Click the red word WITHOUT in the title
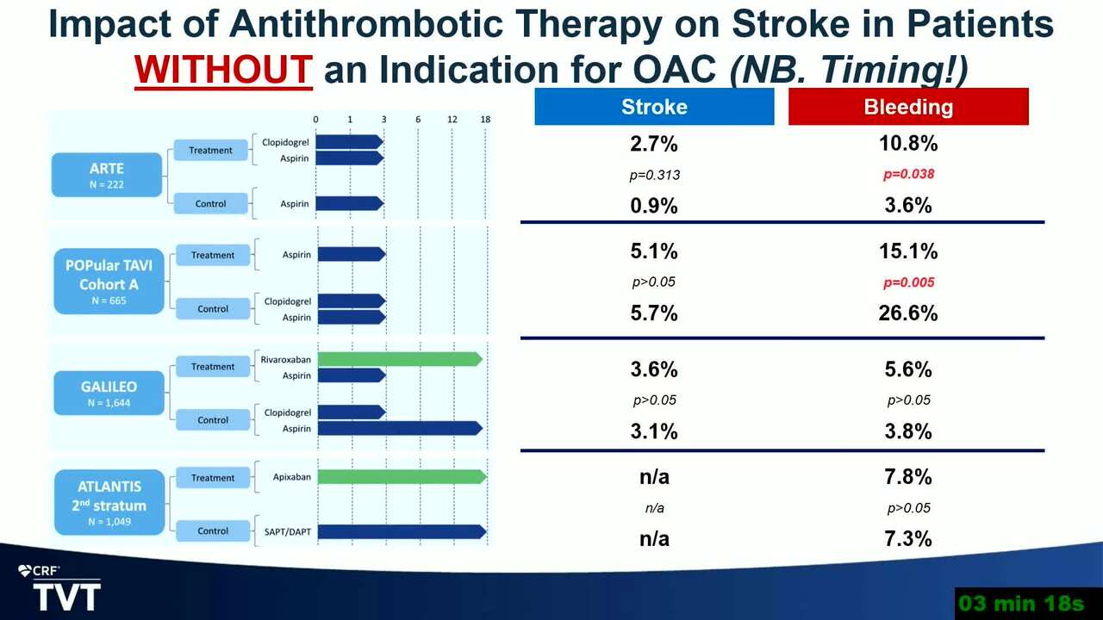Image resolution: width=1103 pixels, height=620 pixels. (223, 70)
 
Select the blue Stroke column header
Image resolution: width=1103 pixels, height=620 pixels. (654, 106)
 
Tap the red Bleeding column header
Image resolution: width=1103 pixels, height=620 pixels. (908, 106)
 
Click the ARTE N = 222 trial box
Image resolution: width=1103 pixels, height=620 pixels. (107, 175)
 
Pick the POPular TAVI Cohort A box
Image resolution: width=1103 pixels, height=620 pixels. (109, 282)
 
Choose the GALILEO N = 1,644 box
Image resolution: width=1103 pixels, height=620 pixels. (109, 394)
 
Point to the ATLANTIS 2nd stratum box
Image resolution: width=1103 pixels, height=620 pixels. (109, 502)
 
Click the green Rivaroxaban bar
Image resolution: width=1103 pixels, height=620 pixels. (400, 359)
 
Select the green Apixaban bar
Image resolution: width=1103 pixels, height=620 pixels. (402, 477)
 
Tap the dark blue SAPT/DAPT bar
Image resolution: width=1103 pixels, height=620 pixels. (402, 531)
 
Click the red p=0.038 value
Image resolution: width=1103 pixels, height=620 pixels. (908, 174)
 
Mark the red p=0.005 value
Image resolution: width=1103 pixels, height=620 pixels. (908, 282)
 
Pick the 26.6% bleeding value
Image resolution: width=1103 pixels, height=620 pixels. (908, 313)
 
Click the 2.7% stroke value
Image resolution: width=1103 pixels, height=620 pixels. (654, 144)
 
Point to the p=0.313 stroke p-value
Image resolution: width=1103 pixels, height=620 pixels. (654, 175)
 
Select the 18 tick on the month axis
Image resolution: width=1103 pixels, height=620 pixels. (485, 119)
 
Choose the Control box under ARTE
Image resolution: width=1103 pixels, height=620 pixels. (211, 204)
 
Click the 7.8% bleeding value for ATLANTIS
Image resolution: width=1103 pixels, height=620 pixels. (908, 477)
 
